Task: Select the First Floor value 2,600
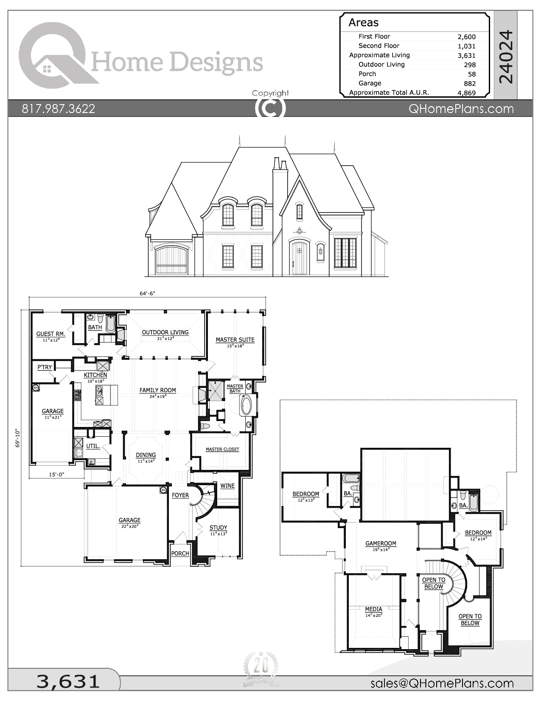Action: (x=466, y=37)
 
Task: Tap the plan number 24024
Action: (x=506, y=57)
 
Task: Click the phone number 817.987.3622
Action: (x=59, y=109)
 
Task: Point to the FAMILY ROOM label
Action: (x=157, y=390)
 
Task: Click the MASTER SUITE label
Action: (x=235, y=339)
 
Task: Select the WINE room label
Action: (x=227, y=486)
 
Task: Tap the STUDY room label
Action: (x=218, y=528)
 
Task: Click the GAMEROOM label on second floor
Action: (x=381, y=543)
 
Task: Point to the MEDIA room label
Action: (x=373, y=609)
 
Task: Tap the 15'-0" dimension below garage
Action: (x=56, y=474)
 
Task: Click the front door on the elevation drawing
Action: (x=299, y=258)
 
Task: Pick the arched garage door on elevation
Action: (x=173, y=259)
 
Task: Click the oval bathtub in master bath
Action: (x=246, y=404)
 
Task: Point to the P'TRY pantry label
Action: (x=45, y=367)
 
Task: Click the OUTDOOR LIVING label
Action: (x=165, y=332)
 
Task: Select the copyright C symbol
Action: (x=270, y=108)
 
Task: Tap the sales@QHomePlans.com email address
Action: (x=442, y=683)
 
